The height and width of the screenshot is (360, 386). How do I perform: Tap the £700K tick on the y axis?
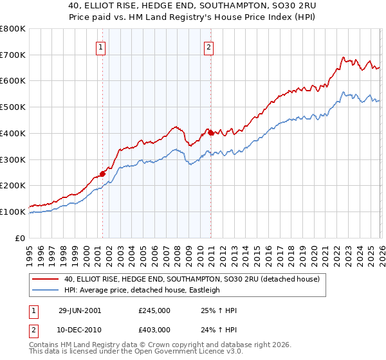click(13, 55)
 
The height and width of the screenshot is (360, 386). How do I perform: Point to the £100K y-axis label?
click(13, 212)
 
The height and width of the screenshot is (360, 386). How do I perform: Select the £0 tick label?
click(21, 238)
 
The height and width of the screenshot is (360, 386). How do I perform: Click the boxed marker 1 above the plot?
click(102, 46)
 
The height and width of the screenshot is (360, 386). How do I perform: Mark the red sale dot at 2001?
click(102, 174)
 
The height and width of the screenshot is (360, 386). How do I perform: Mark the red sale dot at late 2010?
click(210, 132)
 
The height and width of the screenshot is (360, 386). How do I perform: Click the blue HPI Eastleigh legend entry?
click(142, 290)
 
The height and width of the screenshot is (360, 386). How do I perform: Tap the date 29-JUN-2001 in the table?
click(79, 310)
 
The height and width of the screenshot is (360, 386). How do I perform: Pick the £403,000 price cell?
click(154, 330)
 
